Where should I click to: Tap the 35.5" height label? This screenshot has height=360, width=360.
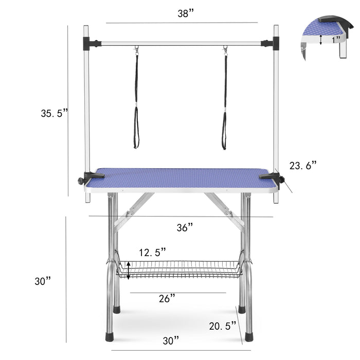pyautogui.click(x=55, y=113)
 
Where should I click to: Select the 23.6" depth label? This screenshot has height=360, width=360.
pyautogui.click(x=302, y=165)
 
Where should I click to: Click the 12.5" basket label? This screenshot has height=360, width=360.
pyautogui.click(x=152, y=253)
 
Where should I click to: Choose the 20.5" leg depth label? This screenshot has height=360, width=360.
pyautogui.click(x=223, y=326)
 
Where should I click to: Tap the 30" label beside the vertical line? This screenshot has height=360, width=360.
pyautogui.click(x=43, y=281)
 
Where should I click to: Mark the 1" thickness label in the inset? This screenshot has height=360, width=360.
pyautogui.click(x=336, y=39)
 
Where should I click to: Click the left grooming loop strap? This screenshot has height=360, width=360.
pyautogui.click(x=136, y=103)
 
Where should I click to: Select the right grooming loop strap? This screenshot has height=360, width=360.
pyautogui.click(x=224, y=103)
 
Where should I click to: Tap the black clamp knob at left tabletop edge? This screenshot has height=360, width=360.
pyautogui.click(x=81, y=181)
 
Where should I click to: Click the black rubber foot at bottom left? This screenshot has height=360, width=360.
pyautogui.click(x=110, y=337)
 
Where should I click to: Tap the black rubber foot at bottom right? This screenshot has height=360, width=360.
pyautogui.click(x=249, y=337)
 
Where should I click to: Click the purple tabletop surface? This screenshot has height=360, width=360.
pyautogui.click(x=180, y=178)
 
